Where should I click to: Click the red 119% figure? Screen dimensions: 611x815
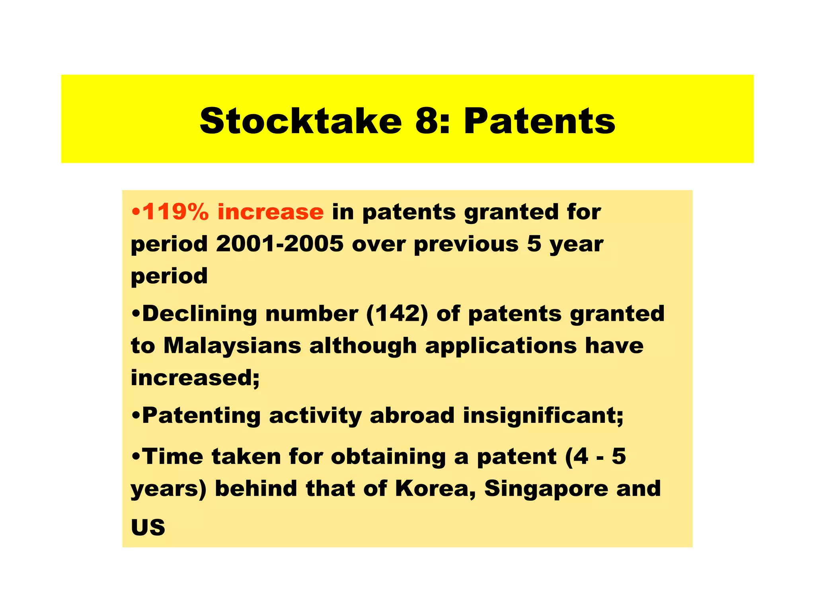pyautogui.click(x=175, y=212)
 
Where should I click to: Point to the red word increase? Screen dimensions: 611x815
pyautogui.click(x=271, y=212)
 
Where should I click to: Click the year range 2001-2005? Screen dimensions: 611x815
pyautogui.click(x=279, y=243)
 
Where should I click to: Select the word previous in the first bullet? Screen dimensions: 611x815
pyautogui.click(x=466, y=244)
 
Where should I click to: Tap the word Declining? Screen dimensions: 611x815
pyautogui.click(x=199, y=314)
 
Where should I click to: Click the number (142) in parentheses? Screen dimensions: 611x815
pyautogui.click(x=397, y=314)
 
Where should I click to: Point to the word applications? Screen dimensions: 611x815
pyautogui.click(x=501, y=346)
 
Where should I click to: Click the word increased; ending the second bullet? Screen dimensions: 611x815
pyautogui.click(x=195, y=377)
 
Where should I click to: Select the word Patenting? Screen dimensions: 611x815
pyautogui.click(x=201, y=416)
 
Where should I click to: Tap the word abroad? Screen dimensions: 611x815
pyautogui.click(x=412, y=415)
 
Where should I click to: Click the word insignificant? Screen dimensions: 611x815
pyautogui.click(x=543, y=415)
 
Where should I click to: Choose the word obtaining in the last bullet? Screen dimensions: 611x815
pyautogui.click(x=388, y=457)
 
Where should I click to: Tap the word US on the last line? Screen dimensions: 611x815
pyautogui.click(x=148, y=527)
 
